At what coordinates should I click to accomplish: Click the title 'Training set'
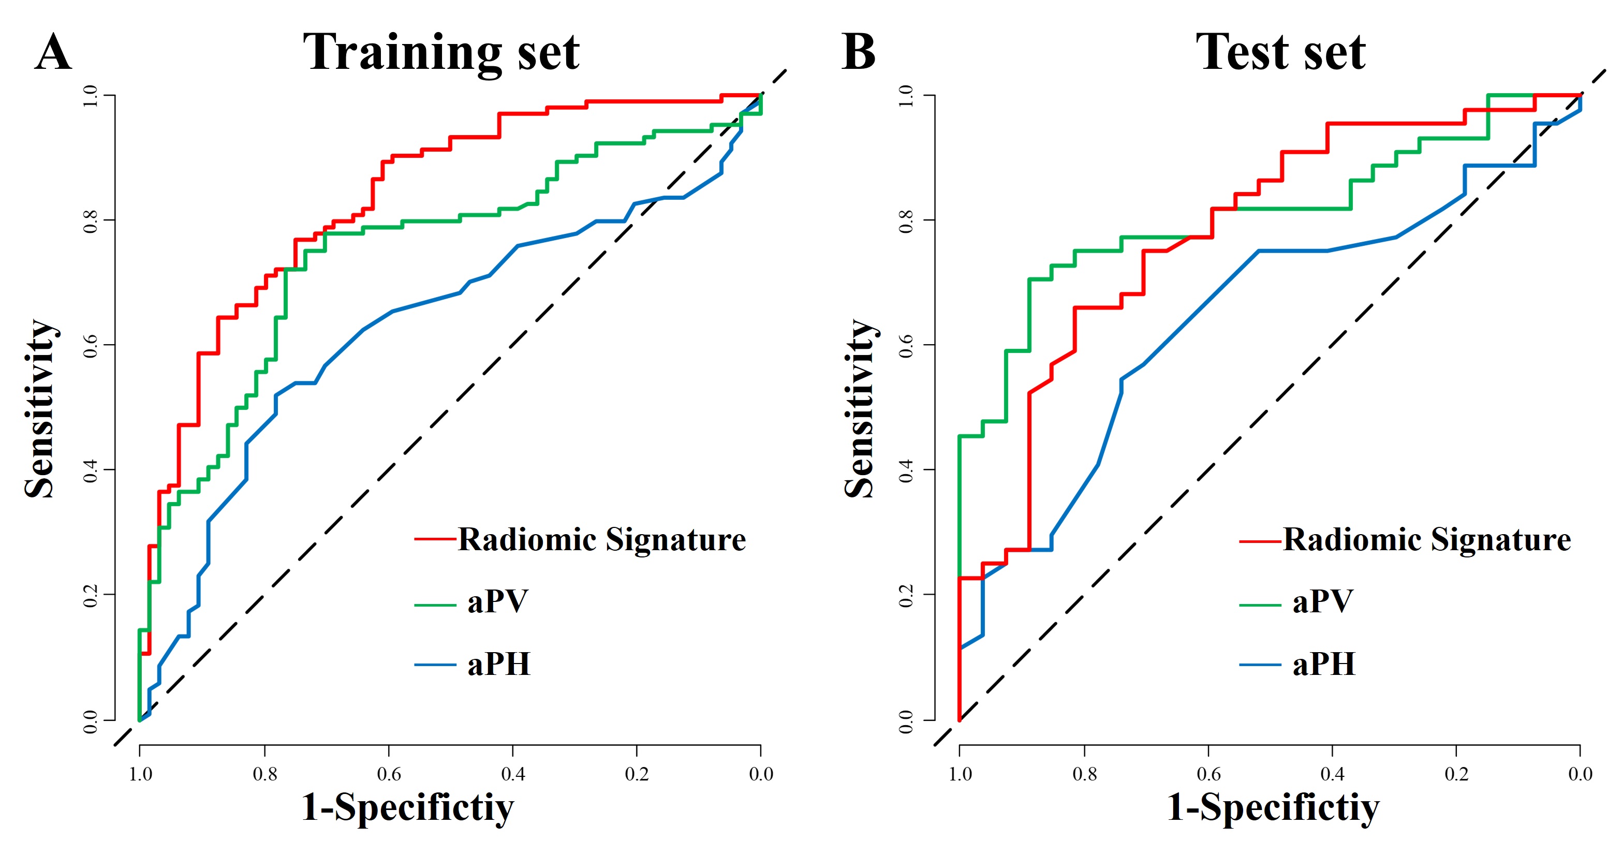(x=441, y=54)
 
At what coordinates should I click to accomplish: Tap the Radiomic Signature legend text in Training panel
(x=602, y=539)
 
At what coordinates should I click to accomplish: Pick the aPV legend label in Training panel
(x=497, y=602)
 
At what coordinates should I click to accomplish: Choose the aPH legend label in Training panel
(x=499, y=664)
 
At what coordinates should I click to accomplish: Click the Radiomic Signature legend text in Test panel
(x=1426, y=539)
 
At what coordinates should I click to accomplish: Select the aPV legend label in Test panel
(x=1322, y=602)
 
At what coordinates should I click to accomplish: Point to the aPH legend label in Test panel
(x=1323, y=664)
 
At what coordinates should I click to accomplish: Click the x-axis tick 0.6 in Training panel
(x=389, y=774)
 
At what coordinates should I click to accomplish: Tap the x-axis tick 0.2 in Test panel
(x=1456, y=774)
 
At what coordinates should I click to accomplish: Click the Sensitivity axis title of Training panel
(x=41, y=408)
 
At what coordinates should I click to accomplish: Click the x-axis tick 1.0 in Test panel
(x=960, y=774)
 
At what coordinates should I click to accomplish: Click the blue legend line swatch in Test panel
(x=1260, y=665)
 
